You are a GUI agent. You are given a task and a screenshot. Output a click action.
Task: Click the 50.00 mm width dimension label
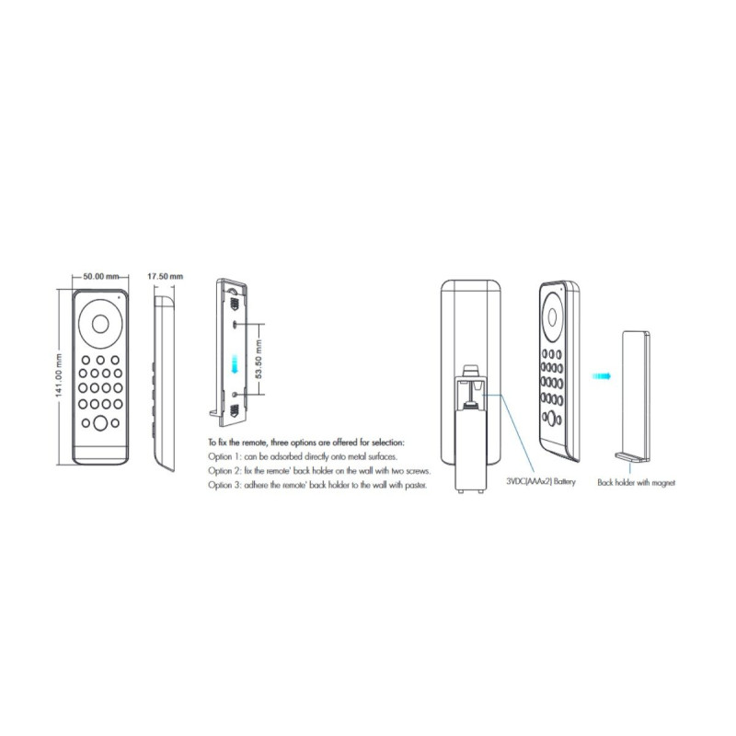click(100, 276)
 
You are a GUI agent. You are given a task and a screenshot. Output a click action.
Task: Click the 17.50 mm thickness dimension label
click(166, 276)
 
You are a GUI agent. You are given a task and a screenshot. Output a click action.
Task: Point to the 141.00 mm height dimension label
click(60, 376)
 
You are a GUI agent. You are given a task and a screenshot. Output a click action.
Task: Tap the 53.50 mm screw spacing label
click(259, 359)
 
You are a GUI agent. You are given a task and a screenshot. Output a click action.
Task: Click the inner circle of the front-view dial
click(100, 324)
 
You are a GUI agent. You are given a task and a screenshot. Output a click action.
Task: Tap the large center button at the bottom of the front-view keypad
click(100, 423)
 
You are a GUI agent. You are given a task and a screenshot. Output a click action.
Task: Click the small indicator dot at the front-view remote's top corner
click(119, 296)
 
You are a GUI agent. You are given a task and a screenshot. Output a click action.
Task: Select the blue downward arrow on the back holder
click(236, 363)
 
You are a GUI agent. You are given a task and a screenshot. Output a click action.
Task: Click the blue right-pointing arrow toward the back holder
click(602, 376)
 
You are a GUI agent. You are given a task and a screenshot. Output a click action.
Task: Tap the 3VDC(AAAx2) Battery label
click(541, 481)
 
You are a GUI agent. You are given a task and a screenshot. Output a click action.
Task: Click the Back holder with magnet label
click(636, 482)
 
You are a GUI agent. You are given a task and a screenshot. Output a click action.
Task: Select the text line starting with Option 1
click(303, 456)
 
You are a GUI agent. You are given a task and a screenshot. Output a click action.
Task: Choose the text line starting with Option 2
click(319, 470)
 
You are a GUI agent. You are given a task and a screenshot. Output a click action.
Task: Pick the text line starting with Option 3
click(317, 485)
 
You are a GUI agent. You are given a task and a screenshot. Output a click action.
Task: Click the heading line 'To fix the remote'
click(306, 443)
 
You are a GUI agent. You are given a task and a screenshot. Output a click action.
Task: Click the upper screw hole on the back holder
click(235, 324)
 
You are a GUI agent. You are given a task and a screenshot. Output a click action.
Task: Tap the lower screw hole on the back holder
click(235, 395)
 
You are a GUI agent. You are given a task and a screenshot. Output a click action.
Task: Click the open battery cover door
click(470, 449)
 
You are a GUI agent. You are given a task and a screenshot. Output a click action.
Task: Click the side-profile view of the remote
click(164, 383)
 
